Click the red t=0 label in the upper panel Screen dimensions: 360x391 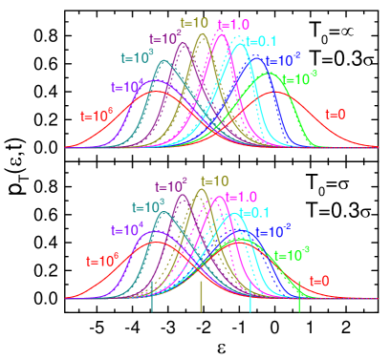tap(336, 114)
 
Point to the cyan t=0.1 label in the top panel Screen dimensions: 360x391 tap(262, 40)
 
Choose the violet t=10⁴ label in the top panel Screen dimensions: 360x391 tap(127, 86)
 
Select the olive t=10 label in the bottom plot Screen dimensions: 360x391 tap(214, 181)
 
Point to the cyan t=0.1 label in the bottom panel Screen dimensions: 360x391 tap(253, 212)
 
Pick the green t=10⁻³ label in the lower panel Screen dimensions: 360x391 tap(291, 256)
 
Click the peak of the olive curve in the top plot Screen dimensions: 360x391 tap(202, 35)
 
